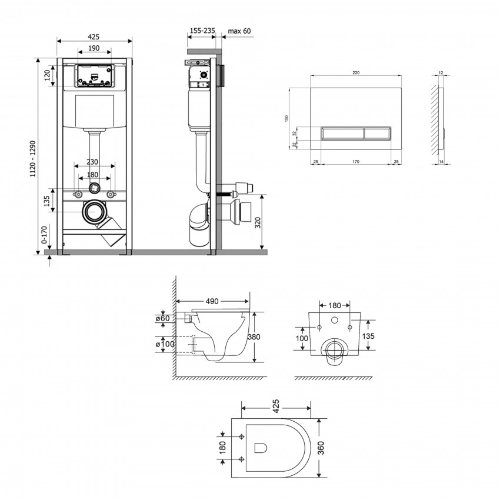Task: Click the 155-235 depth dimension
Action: point(202,31)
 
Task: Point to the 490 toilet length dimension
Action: point(212,301)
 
